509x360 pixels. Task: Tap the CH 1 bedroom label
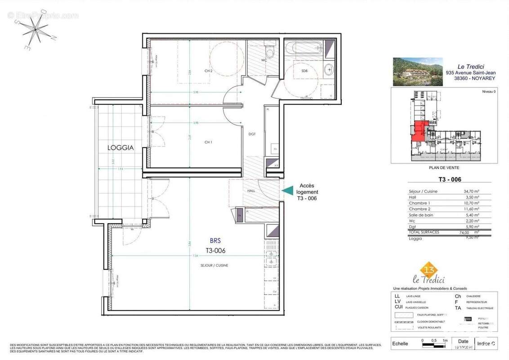(208, 142)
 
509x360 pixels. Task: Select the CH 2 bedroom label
(208, 71)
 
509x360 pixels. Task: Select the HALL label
(251, 191)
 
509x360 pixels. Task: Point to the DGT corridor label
(252, 134)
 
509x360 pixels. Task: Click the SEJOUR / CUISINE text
(214, 265)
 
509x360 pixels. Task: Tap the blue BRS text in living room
(215, 241)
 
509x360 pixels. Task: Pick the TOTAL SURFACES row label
(424, 232)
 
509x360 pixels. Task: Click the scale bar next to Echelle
(434, 345)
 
